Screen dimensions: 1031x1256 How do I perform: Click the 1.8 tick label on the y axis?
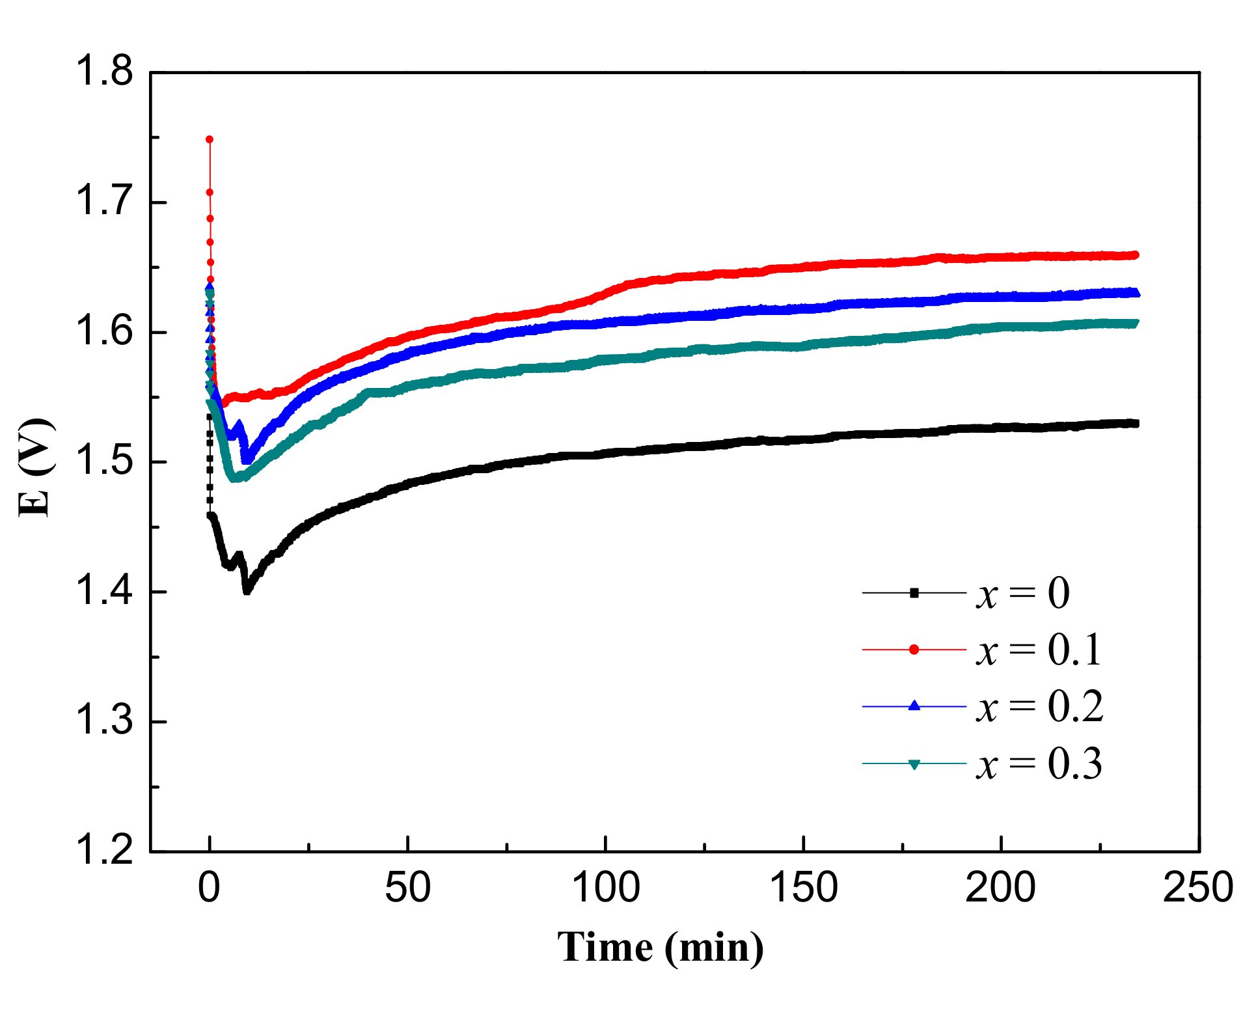click(104, 72)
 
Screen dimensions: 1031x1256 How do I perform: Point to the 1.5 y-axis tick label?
click(104, 461)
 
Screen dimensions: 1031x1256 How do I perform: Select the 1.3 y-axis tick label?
click(104, 721)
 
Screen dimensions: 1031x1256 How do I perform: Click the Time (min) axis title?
click(660, 947)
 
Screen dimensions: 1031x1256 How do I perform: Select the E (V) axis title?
click(35, 467)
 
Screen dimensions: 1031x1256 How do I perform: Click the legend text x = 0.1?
click(1038, 650)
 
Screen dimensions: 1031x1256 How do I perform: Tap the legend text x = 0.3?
click(1038, 763)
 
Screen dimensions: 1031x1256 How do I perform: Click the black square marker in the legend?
click(914, 593)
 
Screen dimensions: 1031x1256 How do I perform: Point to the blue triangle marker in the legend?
click(914, 706)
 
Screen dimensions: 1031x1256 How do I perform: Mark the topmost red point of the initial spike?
click(210, 139)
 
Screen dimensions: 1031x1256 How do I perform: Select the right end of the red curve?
click(1135, 255)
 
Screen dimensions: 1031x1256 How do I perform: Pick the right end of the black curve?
click(1135, 424)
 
